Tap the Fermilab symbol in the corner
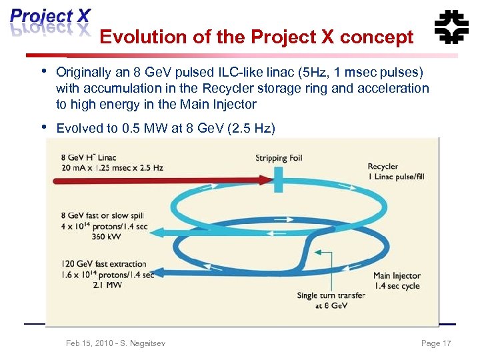point(451,27)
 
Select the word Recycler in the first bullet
point(242,88)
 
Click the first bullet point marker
point(43,71)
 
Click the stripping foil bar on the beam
point(284,179)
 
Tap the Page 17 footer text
point(436,343)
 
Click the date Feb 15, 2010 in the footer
point(89,343)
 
